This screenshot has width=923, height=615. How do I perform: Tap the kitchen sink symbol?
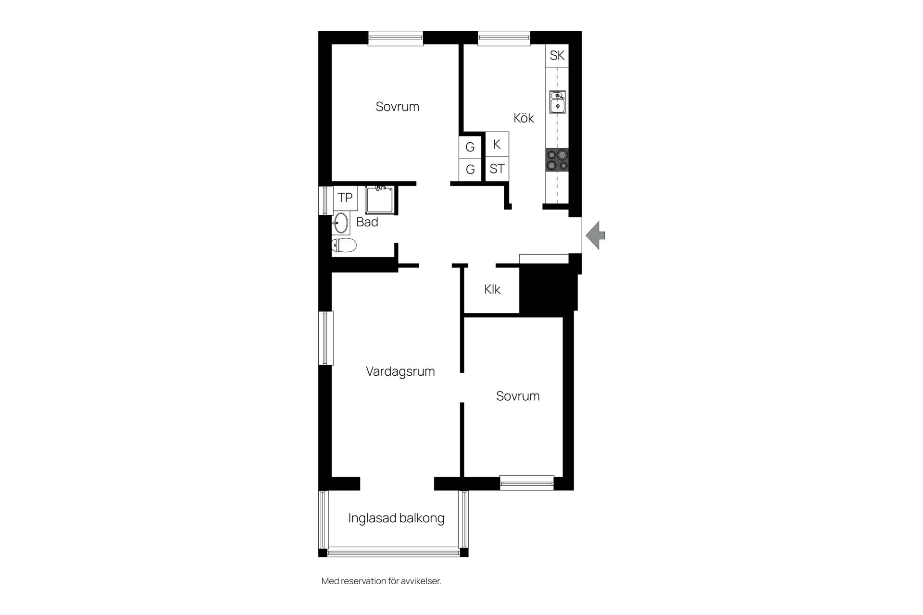coord(558,102)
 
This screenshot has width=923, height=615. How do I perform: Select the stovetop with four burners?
coord(557,160)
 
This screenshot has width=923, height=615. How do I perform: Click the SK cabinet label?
coord(557,55)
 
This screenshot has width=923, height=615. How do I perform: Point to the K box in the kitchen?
coord(497,144)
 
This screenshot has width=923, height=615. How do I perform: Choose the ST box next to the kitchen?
coord(497,169)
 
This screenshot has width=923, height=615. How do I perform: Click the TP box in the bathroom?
coord(345,197)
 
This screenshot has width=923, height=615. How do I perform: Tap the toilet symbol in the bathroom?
coord(344,246)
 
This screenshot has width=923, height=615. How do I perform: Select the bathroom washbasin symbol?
coord(341,223)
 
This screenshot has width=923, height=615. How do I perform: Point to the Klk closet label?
coord(492,289)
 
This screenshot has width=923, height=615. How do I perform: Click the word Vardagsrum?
coord(400,371)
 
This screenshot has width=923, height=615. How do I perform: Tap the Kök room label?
coord(524,118)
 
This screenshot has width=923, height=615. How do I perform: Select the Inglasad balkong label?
coord(396,518)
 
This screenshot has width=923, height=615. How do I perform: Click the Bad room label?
coord(367,222)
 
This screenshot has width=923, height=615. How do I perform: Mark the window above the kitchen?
coord(504,38)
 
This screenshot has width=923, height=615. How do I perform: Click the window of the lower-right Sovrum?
coord(527,482)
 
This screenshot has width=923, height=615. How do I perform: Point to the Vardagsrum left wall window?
coord(326,338)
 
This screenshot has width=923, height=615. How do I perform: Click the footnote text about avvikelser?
coord(381,581)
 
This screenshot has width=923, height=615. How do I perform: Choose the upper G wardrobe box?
coord(470,147)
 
